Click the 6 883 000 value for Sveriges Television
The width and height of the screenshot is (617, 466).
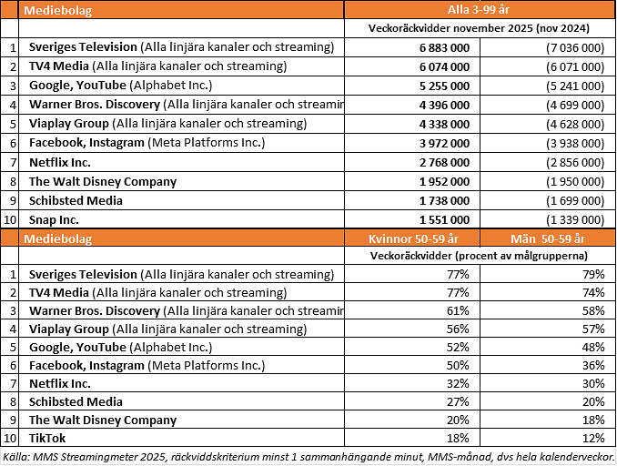click(x=443, y=46)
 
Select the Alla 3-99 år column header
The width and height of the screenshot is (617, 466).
click(x=479, y=10)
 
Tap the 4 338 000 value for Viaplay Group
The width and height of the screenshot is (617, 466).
click(x=443, y=124)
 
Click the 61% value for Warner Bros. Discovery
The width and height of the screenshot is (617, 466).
click(x=459, y=310)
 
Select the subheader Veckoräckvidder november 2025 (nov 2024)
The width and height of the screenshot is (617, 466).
click(x=479, y=28)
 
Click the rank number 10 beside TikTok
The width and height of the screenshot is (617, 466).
click(x=10, y=438)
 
